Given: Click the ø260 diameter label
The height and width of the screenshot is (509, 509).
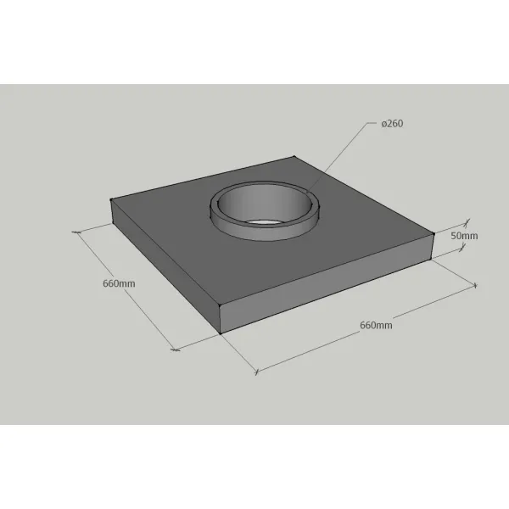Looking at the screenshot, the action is coord(392,124).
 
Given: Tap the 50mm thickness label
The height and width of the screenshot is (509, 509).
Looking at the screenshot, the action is coord(464,236).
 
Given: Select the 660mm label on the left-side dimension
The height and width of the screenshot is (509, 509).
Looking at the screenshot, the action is coord(119,283).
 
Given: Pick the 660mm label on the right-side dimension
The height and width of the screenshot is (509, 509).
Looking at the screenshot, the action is coord(376,325).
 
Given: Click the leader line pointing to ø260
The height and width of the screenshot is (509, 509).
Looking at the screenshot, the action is coord(338,157).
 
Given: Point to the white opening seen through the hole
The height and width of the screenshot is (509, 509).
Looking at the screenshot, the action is coord(263,222).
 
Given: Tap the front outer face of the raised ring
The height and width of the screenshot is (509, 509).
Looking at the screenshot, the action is coord(266,231).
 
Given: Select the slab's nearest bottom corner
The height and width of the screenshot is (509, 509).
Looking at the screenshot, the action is coord(221,333).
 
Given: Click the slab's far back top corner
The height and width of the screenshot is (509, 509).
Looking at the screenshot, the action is coord(294,157).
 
